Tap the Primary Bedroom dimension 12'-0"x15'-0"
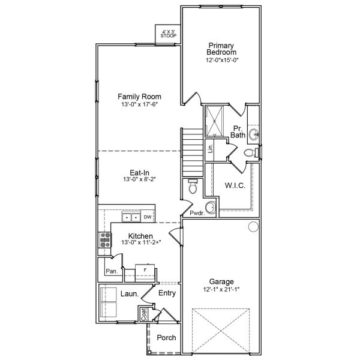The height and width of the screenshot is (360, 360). (217, 59)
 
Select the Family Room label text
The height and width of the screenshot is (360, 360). (139, 97)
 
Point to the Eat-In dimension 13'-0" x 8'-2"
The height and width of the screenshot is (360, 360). (139, 179)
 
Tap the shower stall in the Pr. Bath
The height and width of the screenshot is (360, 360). (214, 121)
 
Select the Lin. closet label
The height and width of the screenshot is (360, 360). (211, 148)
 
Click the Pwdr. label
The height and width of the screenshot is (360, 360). (196, 212)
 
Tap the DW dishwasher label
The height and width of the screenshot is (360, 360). (147, 217)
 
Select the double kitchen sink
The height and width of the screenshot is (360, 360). (131, 217)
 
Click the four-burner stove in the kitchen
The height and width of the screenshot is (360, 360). (104, 240)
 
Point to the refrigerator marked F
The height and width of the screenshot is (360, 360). (145, 271)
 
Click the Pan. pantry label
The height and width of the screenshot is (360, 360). (111, 271)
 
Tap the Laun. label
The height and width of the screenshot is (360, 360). (130, 294)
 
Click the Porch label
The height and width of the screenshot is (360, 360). (166, 338)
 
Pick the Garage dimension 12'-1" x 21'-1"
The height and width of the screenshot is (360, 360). (221, 289)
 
